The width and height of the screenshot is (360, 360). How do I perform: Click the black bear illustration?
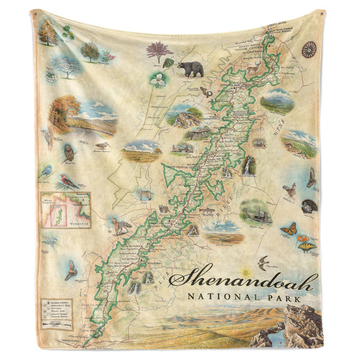[x=190, y=68]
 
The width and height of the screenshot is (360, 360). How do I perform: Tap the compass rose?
[x=310, y=49]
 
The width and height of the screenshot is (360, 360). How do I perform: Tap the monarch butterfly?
[x=288, y=229]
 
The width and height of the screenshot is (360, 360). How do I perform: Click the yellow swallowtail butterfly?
[x=307, y=245]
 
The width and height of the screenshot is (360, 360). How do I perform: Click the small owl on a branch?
[x=68, y=151]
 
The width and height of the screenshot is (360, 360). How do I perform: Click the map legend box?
[x=55, y=314]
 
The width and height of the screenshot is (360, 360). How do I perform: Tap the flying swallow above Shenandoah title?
[x=263, y=262]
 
